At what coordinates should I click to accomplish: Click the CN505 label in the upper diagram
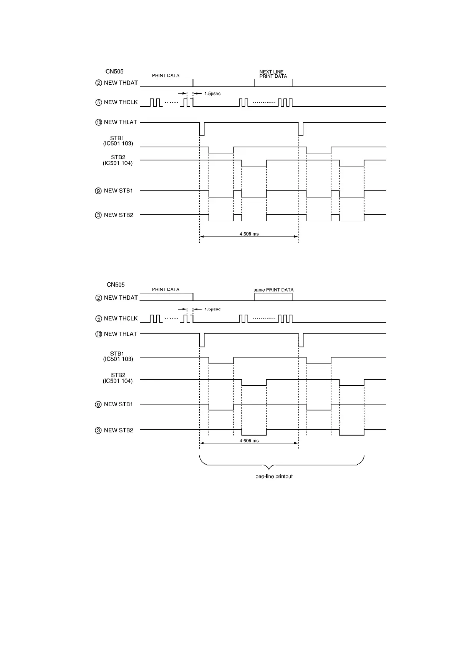coord(114,72)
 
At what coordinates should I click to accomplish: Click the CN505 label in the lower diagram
coord(116,285)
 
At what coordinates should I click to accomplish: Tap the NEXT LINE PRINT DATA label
coord(273,74)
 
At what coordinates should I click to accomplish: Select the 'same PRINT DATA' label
coord(273,290)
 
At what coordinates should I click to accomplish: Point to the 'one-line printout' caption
coord(274,476)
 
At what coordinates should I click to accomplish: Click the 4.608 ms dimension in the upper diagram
coord(249,233)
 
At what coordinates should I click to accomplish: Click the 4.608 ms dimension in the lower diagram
coord(249,440)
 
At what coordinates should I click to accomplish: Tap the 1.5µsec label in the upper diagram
coord(212,93)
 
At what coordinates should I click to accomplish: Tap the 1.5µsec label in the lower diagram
coord(212,309)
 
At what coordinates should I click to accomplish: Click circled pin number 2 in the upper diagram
coord(99,83)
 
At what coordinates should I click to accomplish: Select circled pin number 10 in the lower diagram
coord(99,334)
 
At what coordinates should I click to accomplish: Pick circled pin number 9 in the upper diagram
coord(98,191)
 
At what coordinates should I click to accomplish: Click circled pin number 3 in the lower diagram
coord(98,430)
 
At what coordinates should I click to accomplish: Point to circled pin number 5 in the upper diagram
coord(99,102)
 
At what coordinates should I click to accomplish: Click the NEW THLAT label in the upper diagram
coord(120,122)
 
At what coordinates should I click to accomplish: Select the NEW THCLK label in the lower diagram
coord(121,318)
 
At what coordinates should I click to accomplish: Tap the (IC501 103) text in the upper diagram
coord(118,143)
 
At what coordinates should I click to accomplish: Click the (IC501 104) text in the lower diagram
coord(118,381)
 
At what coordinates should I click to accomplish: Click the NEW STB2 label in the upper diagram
coord(119,215)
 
